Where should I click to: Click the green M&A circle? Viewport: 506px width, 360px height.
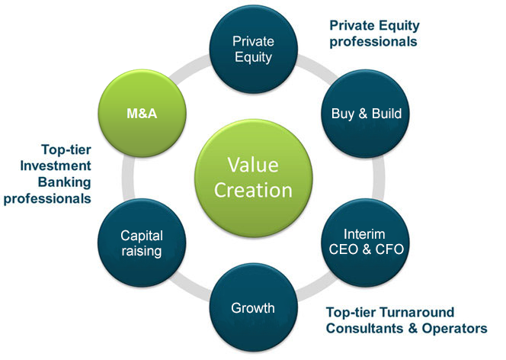142,114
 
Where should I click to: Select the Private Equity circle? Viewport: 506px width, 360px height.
253,49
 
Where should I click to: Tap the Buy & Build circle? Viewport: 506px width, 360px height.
365,114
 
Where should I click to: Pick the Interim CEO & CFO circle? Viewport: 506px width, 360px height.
365,243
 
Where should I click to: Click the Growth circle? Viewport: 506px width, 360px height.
253,307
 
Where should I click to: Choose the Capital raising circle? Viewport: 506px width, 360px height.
142,243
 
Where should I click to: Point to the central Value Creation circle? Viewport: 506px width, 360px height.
253,178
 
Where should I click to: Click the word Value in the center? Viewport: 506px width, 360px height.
253,165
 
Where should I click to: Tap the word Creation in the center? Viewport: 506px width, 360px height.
253,190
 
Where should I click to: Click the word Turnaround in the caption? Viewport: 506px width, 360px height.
417,312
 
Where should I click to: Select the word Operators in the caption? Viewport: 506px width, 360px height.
454,329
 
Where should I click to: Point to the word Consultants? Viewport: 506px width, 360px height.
365,329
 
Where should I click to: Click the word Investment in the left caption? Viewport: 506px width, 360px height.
56,166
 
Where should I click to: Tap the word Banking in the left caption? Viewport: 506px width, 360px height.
65,182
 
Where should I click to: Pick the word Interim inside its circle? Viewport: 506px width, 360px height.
364,234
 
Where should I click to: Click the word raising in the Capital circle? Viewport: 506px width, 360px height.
142,251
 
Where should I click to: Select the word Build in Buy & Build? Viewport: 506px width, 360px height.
386,114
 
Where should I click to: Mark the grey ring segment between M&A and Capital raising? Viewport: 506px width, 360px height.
128,178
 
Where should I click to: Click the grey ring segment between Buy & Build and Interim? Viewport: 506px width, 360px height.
379,178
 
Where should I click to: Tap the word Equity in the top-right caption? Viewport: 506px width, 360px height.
399,26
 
